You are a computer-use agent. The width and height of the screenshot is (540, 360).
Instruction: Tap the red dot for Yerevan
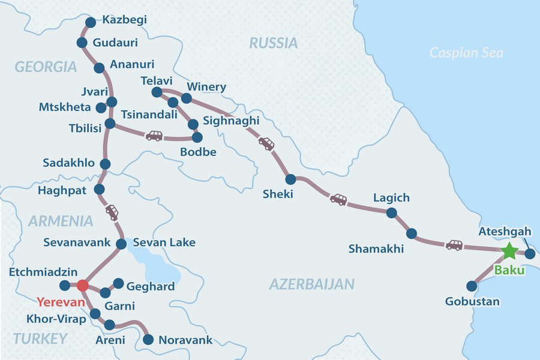[83, 286]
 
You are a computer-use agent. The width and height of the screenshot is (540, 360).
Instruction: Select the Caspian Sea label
[466, 53]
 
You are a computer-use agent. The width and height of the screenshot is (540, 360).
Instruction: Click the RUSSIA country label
[273, 43]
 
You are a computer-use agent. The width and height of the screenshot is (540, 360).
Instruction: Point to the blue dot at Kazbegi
[91, 23]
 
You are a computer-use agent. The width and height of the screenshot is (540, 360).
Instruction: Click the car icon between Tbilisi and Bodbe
[154, 136]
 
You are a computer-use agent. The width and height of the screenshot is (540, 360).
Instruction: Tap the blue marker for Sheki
[290, 179]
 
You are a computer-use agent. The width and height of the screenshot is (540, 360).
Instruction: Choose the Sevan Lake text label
[164, 243]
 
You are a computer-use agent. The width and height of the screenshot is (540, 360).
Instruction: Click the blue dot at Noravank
[148, 340]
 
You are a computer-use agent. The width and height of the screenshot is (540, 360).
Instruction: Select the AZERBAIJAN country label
[312, 284]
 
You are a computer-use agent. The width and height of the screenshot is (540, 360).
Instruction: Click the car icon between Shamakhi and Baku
[454, 245]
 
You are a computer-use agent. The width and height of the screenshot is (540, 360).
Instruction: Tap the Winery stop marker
[186, 98]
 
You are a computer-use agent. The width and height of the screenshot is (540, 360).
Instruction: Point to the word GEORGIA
[46, 67]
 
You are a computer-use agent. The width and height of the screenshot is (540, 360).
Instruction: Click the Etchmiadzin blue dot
[65, 286]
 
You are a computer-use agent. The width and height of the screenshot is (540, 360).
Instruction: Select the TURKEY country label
[40, 339]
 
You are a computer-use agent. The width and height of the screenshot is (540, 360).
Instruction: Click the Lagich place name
[391, 197]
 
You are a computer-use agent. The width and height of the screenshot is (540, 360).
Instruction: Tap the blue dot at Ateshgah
[529, 254]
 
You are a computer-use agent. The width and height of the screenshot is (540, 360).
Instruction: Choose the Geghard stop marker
[118, 283]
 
